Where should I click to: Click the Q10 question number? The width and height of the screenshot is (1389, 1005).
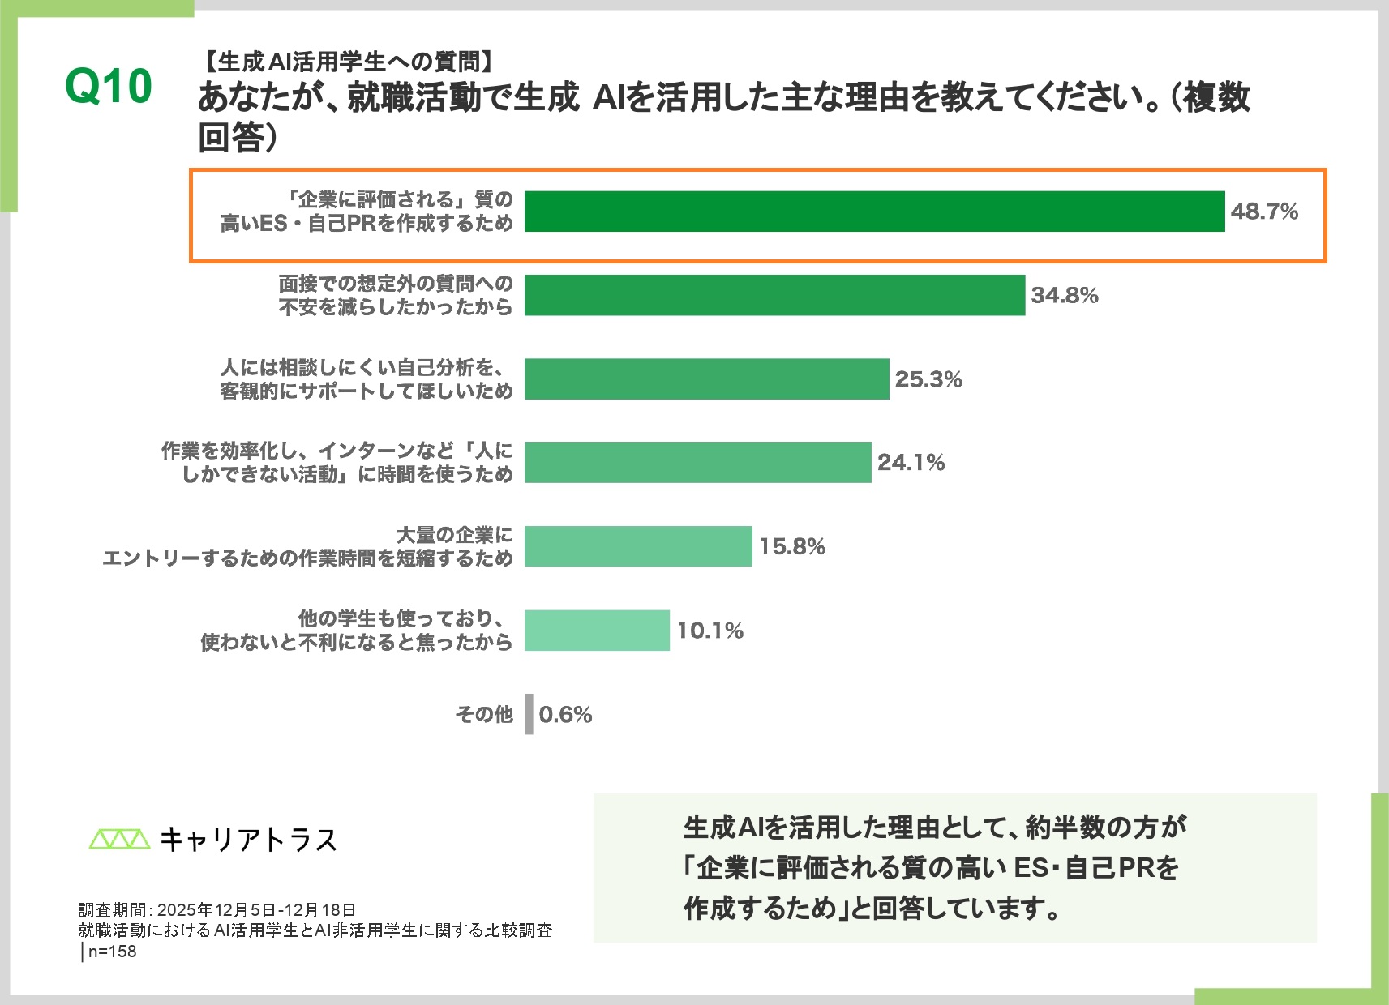tap(109, 86)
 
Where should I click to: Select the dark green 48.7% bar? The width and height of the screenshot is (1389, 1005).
tap(874, 212)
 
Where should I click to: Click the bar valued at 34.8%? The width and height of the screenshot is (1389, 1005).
tap(774, 295)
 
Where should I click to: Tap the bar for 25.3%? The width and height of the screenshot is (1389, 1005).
tap(706, 378)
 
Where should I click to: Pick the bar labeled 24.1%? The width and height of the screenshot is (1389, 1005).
tap(697, 462)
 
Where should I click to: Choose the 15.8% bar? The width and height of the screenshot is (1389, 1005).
tap(638, 546)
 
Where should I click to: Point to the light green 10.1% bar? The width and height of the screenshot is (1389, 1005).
tap(597, 630)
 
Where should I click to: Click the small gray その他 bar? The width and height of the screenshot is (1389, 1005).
tap(529, 714)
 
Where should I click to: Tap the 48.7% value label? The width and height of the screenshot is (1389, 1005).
tap(1264, 212)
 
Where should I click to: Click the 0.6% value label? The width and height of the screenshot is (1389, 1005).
tap(565, 714)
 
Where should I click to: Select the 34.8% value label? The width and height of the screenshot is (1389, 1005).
tap(1065, 295)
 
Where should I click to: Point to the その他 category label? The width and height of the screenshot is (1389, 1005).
tap(484, 714)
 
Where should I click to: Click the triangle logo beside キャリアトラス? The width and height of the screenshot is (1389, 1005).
tap(119, 839)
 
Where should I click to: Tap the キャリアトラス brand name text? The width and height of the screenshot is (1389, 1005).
tap(248, 840)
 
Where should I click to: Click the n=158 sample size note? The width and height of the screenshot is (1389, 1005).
tap(112, 952)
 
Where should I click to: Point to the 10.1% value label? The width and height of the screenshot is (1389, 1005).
tap(710, 631)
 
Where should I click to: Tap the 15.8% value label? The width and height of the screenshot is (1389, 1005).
tap(792, 546)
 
